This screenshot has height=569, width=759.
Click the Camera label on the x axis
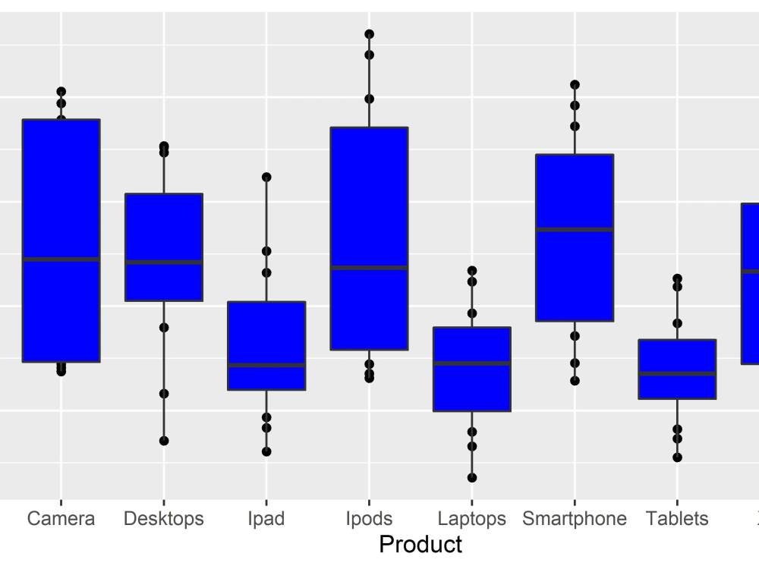tap(61, 519)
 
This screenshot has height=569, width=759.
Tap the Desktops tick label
tap(163, 519)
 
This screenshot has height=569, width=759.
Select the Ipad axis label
tap(266, 519)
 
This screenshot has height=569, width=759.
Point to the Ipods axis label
tap(369, 519)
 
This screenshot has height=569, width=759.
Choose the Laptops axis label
tap(471, 519)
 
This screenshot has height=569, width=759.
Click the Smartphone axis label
tap(575, 519)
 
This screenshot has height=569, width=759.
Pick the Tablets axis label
tap(677, 519)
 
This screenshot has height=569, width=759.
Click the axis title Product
tap(420, 545)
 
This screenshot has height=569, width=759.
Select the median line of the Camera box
tap(61, 259)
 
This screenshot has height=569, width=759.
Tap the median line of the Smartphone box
tap(575, 229)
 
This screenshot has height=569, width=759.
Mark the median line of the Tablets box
tap(677, 374)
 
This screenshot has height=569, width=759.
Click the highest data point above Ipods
tap(369, 34)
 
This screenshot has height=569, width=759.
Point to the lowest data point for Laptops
tap(471, 478)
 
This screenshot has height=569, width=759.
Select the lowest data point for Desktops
tap(163, 441)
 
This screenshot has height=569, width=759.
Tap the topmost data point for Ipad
tap(266, 177)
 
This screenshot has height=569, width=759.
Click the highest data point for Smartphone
tap(575, 85)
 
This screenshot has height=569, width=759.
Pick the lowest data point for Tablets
tap(677, 457)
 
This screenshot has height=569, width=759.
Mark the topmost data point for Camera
tap(61, 92)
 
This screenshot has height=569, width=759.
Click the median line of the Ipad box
tap(266, 366)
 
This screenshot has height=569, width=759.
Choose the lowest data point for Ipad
tap(266, 451)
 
